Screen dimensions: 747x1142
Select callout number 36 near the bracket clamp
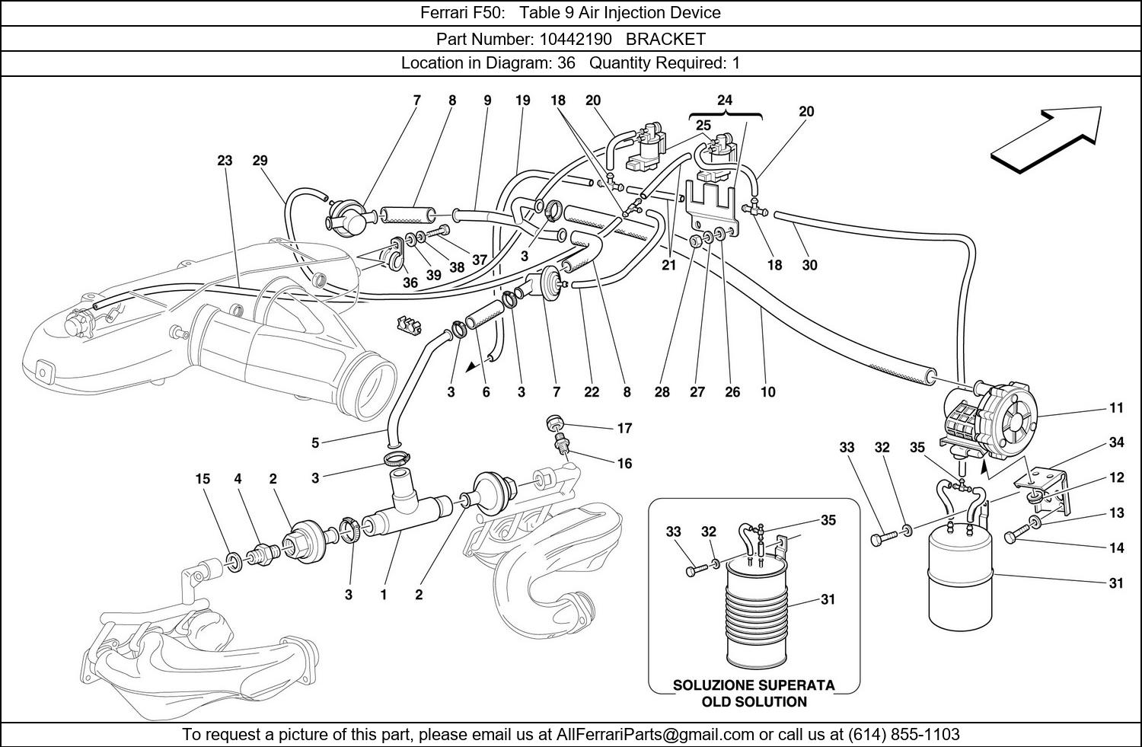410,282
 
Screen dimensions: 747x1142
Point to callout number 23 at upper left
225,161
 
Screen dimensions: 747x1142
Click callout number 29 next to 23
260,161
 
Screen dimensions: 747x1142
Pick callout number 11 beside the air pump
1116,408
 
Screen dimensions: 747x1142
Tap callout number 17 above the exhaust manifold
624,428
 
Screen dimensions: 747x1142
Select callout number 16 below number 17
624,463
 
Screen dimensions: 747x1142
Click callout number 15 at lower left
202,479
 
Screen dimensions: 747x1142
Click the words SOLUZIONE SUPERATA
754,685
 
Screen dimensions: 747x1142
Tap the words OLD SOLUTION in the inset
754,702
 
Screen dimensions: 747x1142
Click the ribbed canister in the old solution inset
754,609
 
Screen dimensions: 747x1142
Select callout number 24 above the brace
725,100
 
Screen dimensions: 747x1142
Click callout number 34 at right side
1116,442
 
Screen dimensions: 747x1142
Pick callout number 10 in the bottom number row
767,392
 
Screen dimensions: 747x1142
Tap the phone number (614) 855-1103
902,735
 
